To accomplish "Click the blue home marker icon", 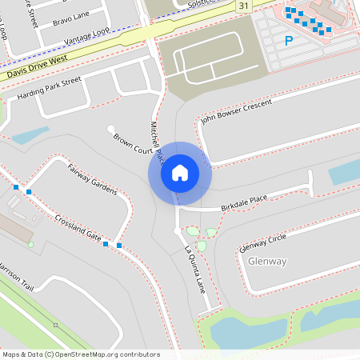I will [x=179, y=173].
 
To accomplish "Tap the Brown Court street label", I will [x=133, y=144].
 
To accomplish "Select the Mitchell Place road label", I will [x=158, y=139].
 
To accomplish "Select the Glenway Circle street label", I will [x=262, y=242].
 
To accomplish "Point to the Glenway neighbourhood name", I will [x=267, y=262].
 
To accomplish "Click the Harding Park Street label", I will [x=49, y=89].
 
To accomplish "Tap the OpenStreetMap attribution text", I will [x=81, y=354].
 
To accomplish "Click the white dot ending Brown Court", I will [x=110, y=128].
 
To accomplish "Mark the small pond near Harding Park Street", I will [x=30, y=136].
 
